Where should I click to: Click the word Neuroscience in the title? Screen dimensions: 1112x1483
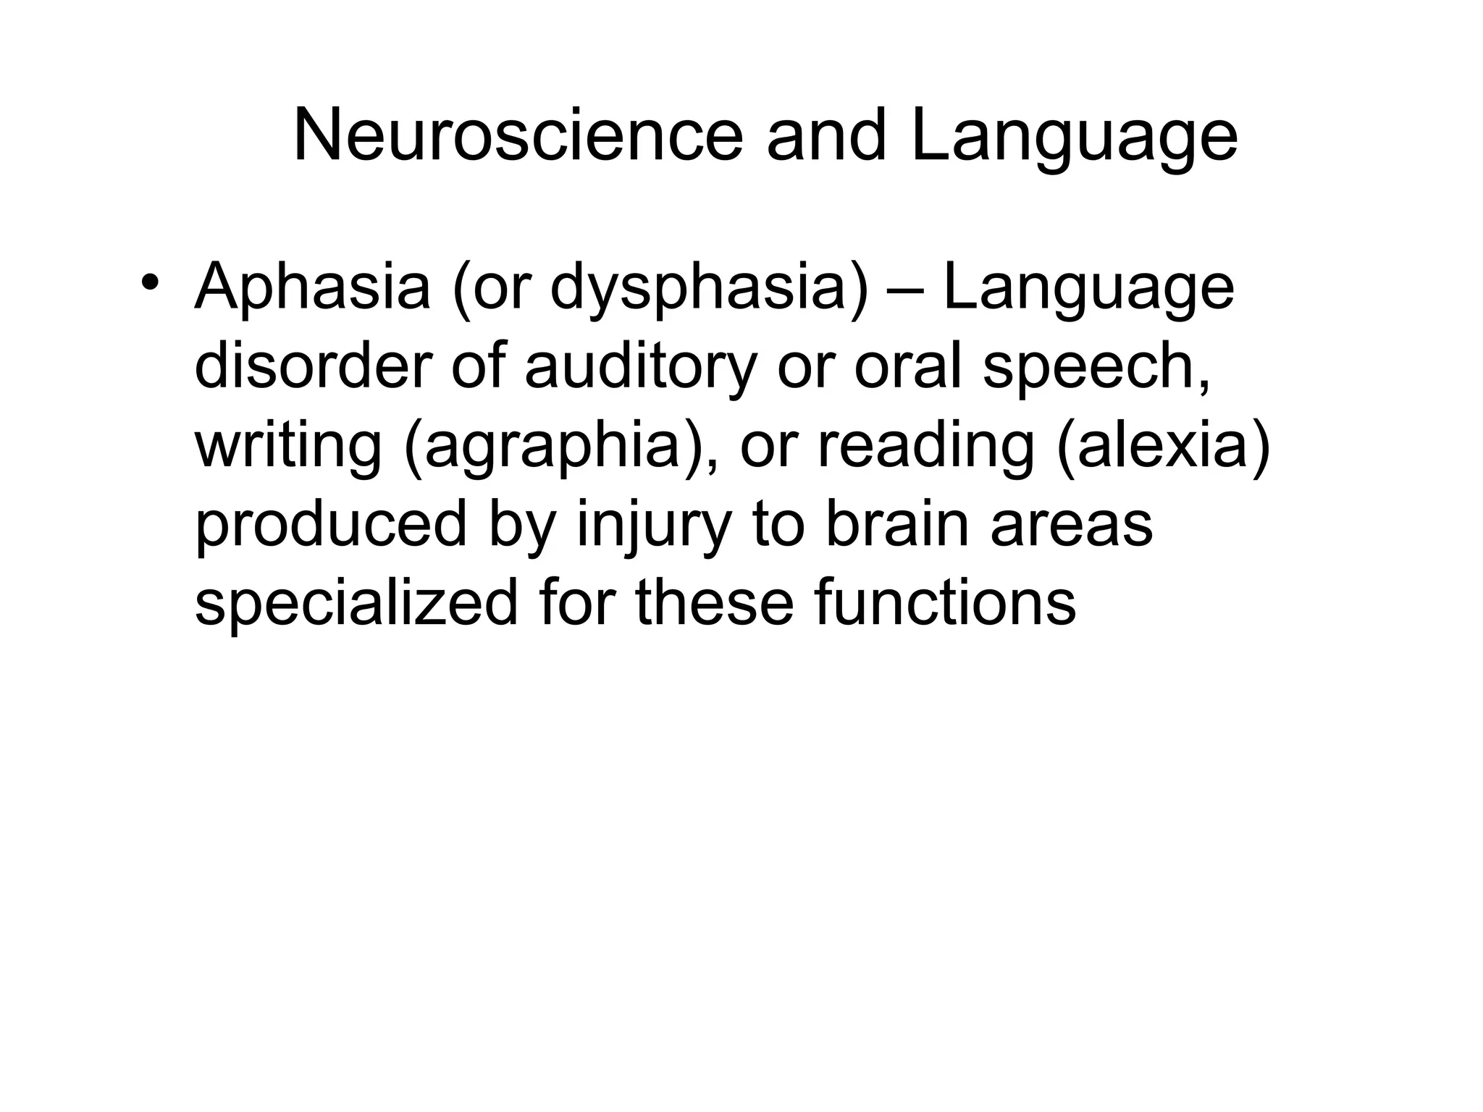click(x=518, y=135)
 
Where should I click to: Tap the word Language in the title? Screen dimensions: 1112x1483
click(x=1074, y=135)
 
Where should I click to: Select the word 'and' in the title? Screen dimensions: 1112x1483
click(x=825, y=135)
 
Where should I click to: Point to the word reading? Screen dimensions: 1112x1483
click(x=926, y=446)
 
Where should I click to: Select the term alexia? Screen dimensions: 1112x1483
click(x=1162, y=446)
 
